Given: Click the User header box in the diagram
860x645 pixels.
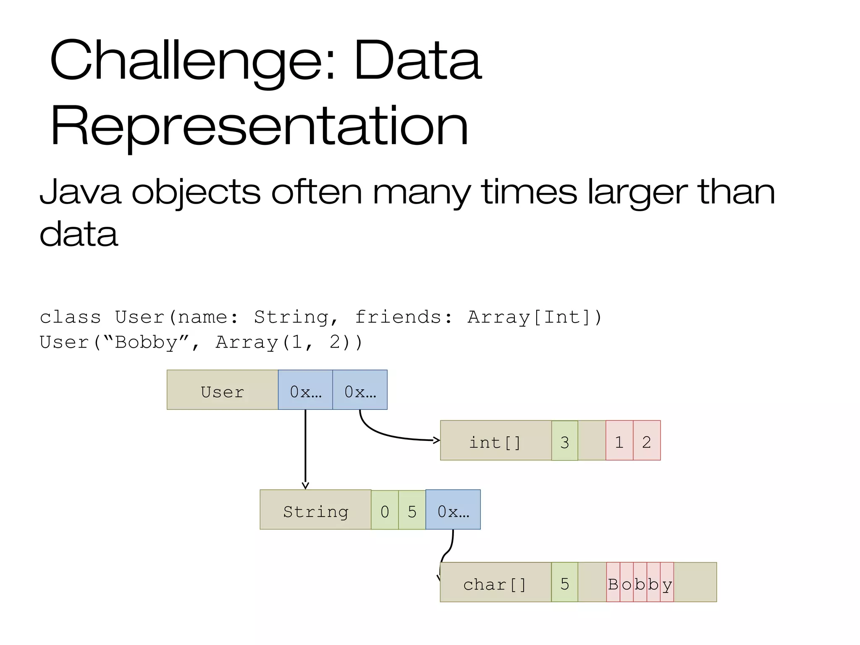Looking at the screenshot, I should tap(222, 390).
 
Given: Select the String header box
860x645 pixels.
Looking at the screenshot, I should tap(315, 509).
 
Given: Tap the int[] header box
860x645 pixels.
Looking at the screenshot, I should tap(496, 440).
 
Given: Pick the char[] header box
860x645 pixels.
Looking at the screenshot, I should tap(496, 582).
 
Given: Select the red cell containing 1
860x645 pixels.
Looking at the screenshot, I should tap(619, 440).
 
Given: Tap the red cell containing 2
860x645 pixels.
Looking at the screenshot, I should tap(647, 440).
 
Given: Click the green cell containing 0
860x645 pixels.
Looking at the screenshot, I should tap(385, 510).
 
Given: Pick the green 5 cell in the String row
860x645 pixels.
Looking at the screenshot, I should tap(412, 510).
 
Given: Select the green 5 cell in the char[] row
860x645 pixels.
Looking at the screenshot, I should tap(564, 582).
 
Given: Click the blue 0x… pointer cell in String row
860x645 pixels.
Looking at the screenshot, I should tap(453, 509).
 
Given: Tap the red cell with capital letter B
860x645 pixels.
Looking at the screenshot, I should tap(613, 582).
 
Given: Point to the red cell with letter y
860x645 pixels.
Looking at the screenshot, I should tap(667, 582).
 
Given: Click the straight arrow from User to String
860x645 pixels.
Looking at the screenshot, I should tap(305, 449).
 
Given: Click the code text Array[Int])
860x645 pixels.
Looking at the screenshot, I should tap(535, 317).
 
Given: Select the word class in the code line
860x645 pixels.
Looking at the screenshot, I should tap(71, 317).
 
